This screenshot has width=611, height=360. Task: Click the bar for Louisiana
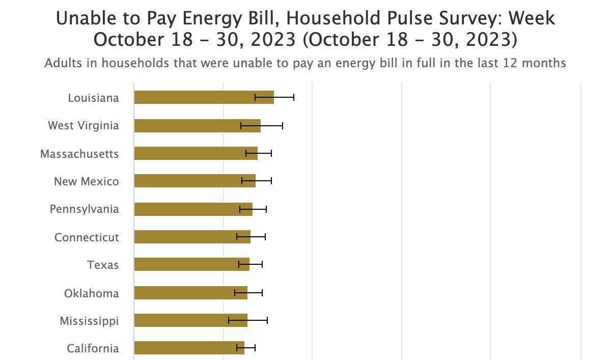pyautogui.click(x=204, y=97)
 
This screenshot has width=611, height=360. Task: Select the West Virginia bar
pyautogui.click(x=197, y=126)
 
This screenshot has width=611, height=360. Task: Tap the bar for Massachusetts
pyautogui.click(x=196, y=153)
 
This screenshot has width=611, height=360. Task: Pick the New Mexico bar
pyautogui.click(x=195, y=181)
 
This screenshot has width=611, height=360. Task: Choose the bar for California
pyautogui.click(x=189, y=348)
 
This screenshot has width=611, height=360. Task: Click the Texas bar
pyautogui.click(x=191, y=264)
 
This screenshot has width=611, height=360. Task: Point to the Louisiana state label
pyautogui.click(x=93, y=98)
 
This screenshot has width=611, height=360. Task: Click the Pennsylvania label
pyautogui.click(x=84, y=209)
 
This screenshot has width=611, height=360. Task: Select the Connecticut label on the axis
pyautogui.click(x=87, y=237)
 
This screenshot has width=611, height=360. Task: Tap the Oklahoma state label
pyautogui.click(x=91, y=293)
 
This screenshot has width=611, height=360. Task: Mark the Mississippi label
pyautogui.click(x=89, y=321)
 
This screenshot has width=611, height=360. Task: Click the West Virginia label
pyautogui.click(x=83, y=126)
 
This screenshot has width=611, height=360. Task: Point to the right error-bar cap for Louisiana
pyautogui.click(x=294, y=97)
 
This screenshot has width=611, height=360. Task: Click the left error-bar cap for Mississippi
pyautogui.click(x=229, y=320)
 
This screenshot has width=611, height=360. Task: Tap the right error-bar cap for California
pyautogui.click(x=255, y=348)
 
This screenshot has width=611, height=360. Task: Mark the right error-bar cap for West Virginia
pyautogui.click(x=283, y=126)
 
